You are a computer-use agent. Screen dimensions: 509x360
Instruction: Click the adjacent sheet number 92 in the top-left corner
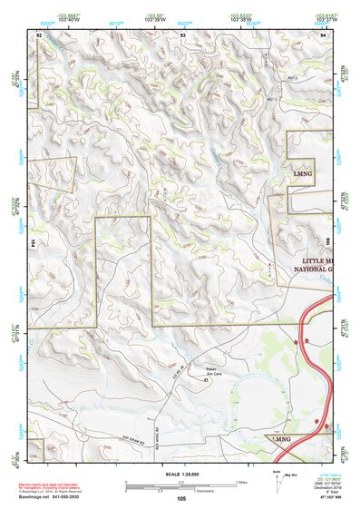39,34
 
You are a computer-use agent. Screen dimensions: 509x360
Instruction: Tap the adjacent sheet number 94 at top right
323,34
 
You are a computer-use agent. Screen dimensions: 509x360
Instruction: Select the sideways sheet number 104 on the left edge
34,243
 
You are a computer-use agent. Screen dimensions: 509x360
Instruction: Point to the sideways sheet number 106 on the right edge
328,243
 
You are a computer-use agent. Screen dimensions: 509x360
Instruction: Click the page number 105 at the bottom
181,499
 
